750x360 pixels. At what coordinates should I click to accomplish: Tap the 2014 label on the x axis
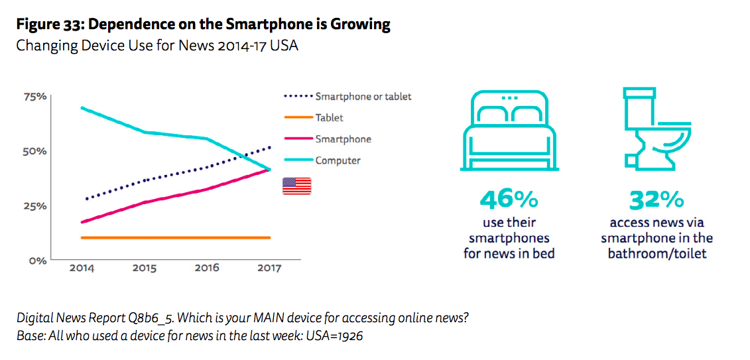[81, 269]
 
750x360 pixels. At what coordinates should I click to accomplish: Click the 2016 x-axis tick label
[207, 269]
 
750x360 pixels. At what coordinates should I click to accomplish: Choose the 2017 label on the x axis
[268, 269]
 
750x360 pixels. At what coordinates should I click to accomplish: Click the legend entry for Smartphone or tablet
[363, 97]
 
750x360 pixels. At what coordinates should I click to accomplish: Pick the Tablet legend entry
[329, 118]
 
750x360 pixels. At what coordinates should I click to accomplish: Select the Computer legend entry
[338, 160]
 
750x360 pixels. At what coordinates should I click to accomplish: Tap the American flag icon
[296, 186]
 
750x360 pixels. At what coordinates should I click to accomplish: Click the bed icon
[509, 130]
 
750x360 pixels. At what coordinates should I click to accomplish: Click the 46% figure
[509, 199]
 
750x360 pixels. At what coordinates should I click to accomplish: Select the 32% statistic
[657, 199]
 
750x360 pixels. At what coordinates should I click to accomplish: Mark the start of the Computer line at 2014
[81, 107]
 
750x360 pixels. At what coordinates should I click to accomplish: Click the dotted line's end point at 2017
[270, 147]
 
